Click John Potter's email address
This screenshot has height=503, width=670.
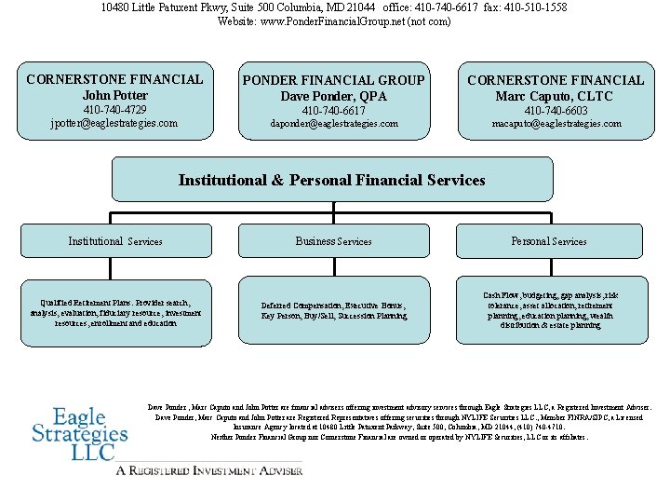[x=114, y=123]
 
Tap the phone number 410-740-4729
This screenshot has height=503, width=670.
[x=114, y=110]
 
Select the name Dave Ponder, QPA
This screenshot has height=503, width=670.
[x=334, y=96]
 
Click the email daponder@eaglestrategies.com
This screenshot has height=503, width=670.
[x=334, y=123]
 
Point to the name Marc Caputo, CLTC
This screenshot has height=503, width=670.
[x=556, y=96]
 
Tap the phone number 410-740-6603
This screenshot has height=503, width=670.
[x=556, y=110]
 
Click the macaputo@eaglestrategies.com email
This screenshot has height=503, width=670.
[x=556, y=123]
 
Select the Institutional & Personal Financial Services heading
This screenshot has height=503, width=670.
[x=332, y=180]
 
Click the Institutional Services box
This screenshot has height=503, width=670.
[x=115, y=241]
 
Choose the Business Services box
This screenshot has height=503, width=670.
[x=334, y=241]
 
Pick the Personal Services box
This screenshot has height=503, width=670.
[x=549, y=241]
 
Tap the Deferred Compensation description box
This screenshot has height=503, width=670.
[x=334, y=311]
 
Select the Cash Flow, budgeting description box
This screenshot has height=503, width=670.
[x=549, y=310]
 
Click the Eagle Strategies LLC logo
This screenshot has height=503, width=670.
[x=79, y=434]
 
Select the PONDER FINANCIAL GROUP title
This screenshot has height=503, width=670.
[x=334, y=80]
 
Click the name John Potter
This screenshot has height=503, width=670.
[x=114, y=95]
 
